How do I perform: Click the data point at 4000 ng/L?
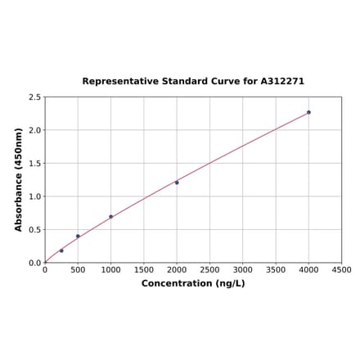pyautogui.click(x=308, y=112)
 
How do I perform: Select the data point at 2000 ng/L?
pyautogui.click(x=177, y=183)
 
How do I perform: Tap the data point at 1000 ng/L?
pyautogui.click(x=110, y=217)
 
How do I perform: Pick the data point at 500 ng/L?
pyautogui.click(x=78, y=237)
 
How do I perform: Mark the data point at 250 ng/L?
pyautogui.click(x=61, y=250)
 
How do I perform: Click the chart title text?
pyautogui.click(x=193, y=82)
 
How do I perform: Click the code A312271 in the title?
pyautogui.click(x=282, y=82)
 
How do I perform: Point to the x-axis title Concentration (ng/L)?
pyautogui.click(x=193, y=283)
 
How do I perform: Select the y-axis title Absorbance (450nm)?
pyautogui.click(x=19, y=179)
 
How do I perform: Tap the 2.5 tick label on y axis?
pyautogui.click(x=35, y=97)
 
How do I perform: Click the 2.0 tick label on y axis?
pyautogui.click(x=35, y=130)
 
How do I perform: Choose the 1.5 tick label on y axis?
pyautogui.click(x=35, y=164)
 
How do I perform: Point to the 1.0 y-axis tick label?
pyautogui.click(x=35, y=196)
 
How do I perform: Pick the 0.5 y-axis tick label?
pyautogui.click(x=35, y=230)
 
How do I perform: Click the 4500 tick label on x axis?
pyautogui.click(x=342, y=269)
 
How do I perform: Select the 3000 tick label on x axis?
pyautogui.click(x=243, y=269)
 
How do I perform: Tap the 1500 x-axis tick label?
pyautogui.click(x=144, y=269)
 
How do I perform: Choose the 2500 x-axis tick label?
pyautogui.click(x=209, y=269)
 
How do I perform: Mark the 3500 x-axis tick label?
pyautogui.click(x=276, y=269)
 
